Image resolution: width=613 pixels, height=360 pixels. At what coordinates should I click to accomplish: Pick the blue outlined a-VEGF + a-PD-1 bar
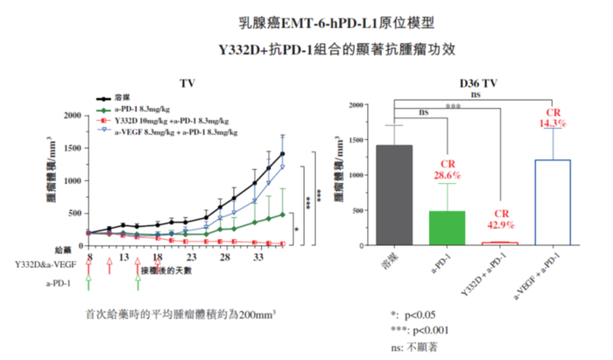point(552,201)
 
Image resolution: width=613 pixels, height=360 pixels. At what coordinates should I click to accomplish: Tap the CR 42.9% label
point(500,220)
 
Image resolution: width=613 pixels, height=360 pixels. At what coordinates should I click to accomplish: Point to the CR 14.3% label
point(553,118)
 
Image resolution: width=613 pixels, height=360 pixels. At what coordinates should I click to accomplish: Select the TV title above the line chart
point(187,83)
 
